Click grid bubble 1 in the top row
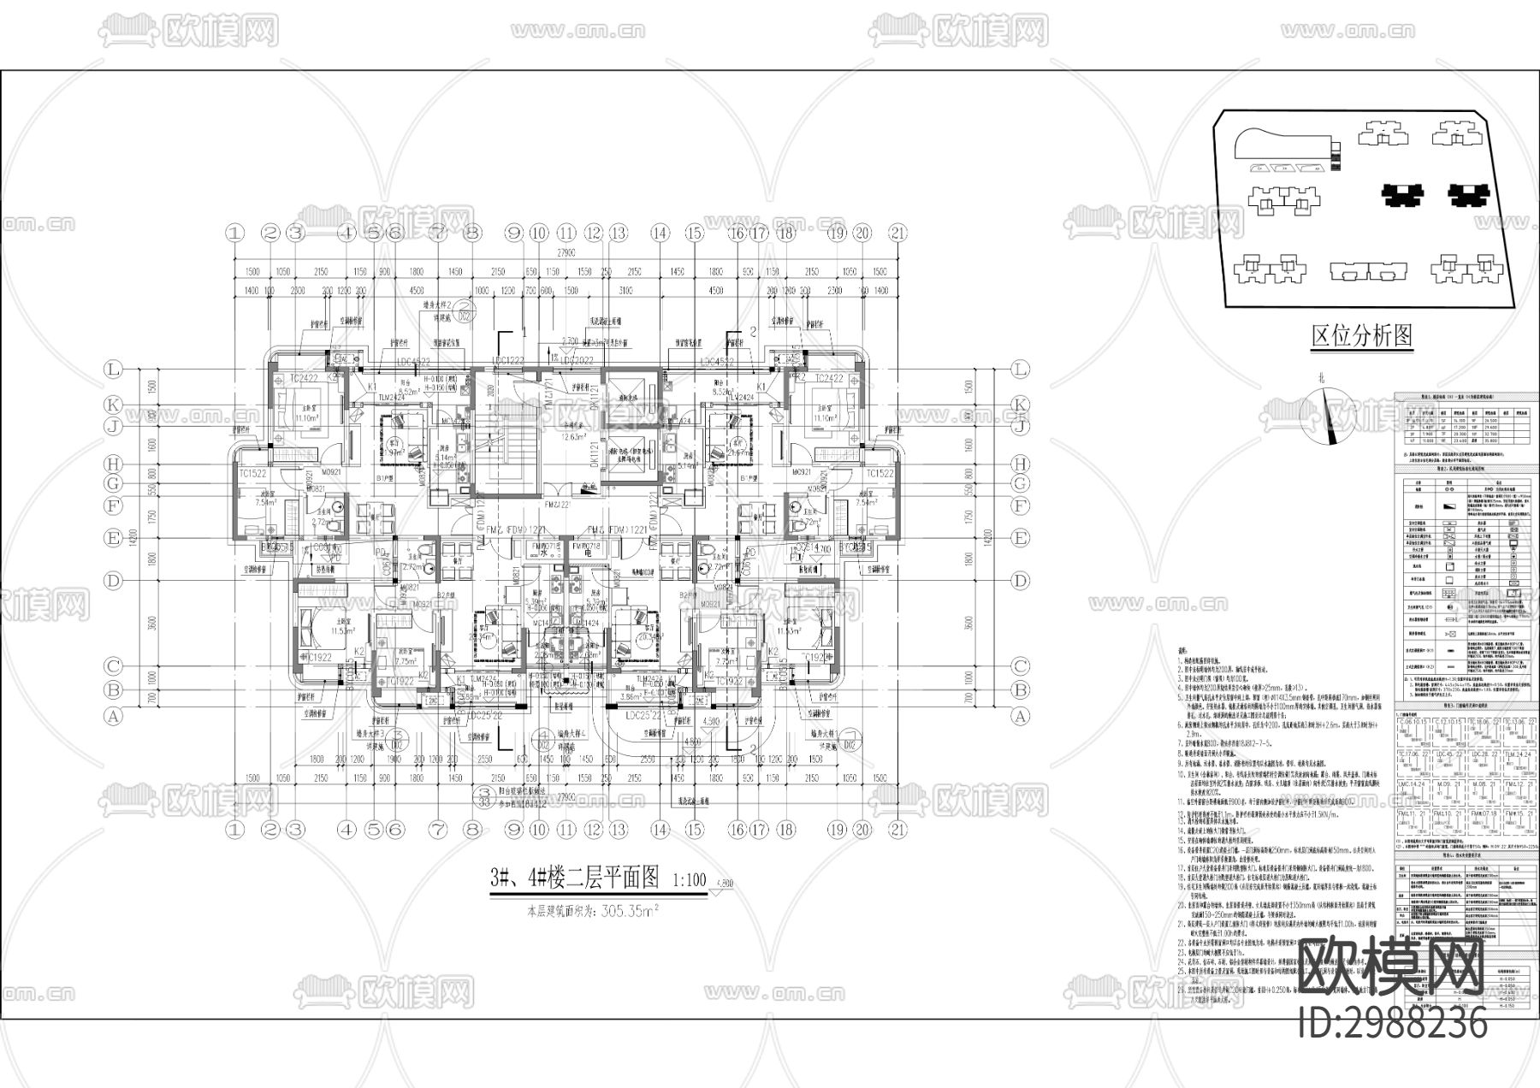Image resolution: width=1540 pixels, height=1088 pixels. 236,232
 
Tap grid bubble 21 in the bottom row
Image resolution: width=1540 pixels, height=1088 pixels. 897,829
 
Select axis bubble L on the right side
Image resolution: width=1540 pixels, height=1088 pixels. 1019,370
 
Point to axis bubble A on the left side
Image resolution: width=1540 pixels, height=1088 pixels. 112,718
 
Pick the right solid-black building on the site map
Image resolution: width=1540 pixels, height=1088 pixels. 1469,196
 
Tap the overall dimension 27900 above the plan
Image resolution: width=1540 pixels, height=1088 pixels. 566,254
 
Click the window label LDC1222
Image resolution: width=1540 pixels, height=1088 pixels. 507,360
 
